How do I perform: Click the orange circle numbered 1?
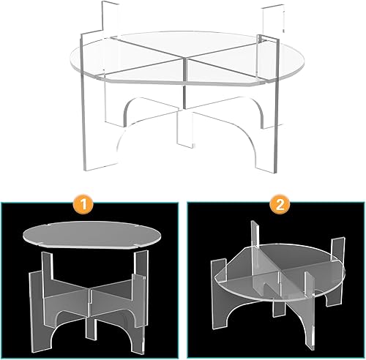[x=83, y=205]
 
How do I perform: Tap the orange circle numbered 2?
[x=280, y=205]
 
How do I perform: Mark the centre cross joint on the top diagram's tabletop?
[x=184, y=58]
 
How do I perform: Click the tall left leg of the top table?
[x=83, y=102]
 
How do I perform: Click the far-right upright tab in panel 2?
[x=337, y=247]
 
